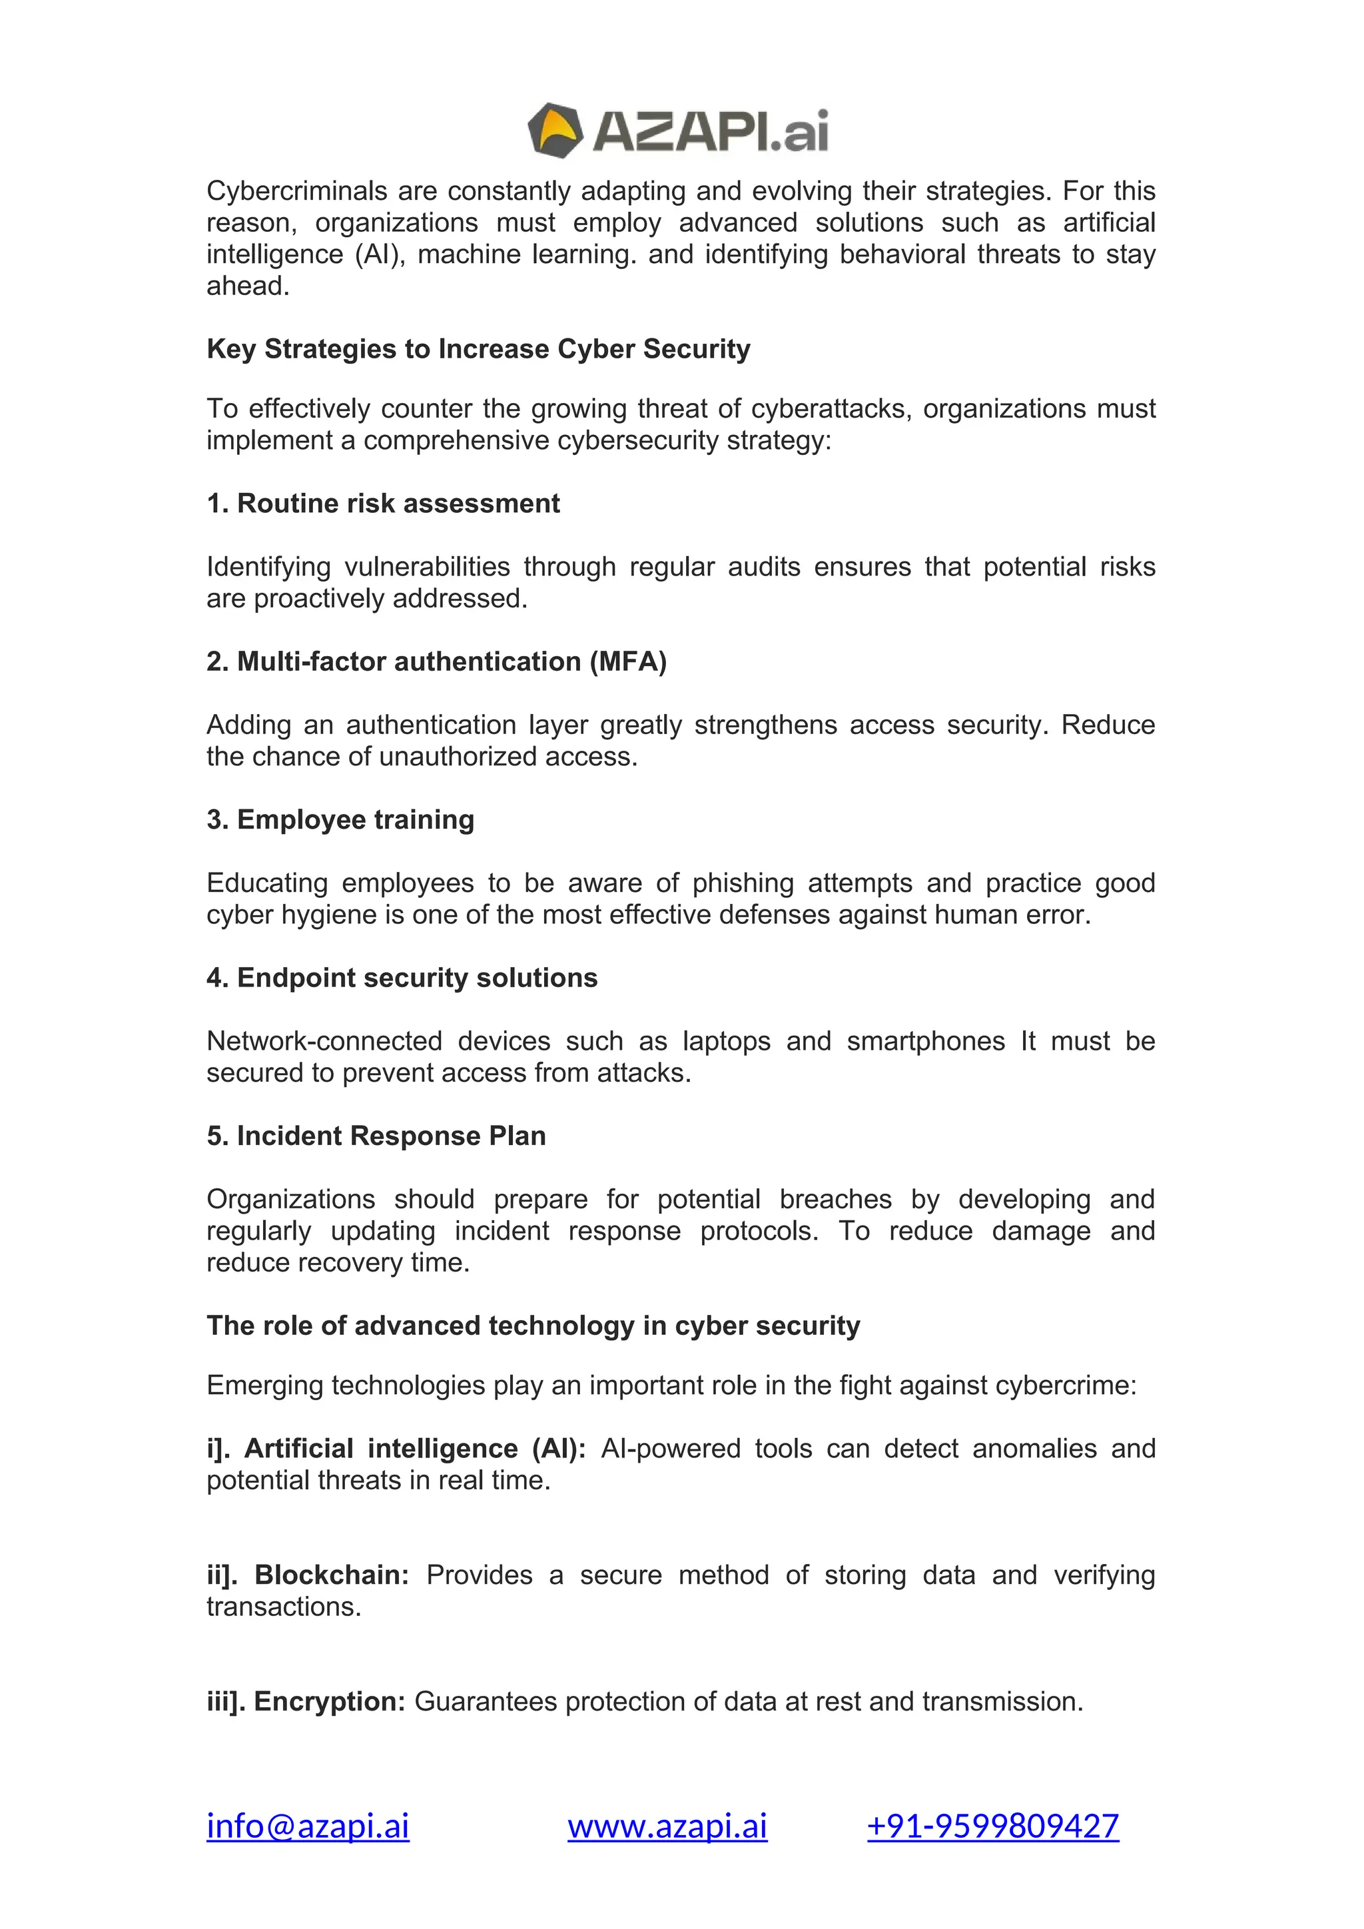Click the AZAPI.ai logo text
pyautogui.click(x=711, y=132)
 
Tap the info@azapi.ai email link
pyautogui.click(x=308, y=1826)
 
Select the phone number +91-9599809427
pyautogui.click(x=993, y=1826)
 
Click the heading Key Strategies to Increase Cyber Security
pyautogui.click(x=478, y=348)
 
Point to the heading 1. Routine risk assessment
pyautogui.click(x=383, y=504)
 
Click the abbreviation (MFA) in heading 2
pyautogui.click(x=627, y=662)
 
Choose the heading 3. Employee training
pyautogui.click(x=340, y=820)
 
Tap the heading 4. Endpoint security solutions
pyautogui.click(x=402, y=978)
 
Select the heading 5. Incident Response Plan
pyautogui.click(x=376, y=1136)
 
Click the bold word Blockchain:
pyautogui.click(x=331, y=1575)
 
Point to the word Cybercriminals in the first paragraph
pyautogui.click(x=296, y=192)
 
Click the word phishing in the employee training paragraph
pyautogui.click(x=743, y=883)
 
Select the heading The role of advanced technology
pyautogui.click(x=533, y=1326)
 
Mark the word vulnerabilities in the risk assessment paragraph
pyautogui.click(x=427, y=567)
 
